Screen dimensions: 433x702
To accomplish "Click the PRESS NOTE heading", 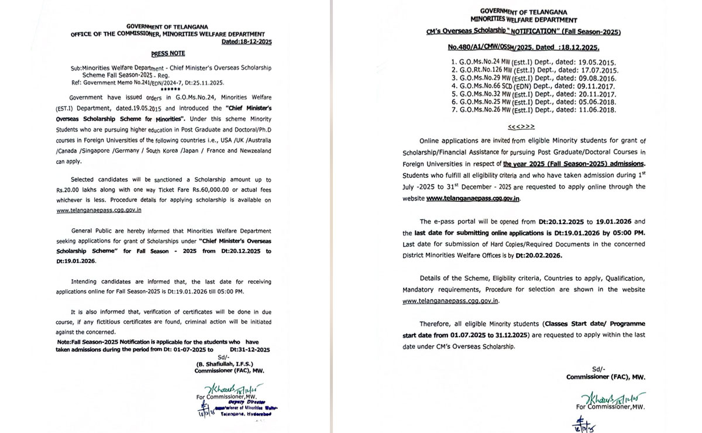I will click(168, 54).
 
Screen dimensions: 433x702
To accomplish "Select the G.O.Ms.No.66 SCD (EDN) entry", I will click(503, 85).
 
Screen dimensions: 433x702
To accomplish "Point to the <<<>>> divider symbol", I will click(521, 126).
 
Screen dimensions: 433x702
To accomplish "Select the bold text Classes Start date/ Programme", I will click(594, 324).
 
